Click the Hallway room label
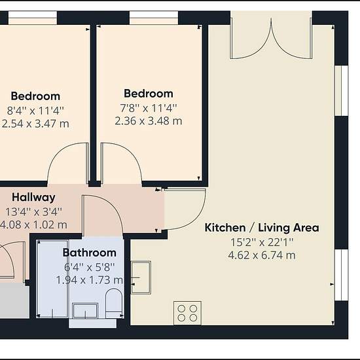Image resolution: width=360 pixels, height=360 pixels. (x=33, y=198)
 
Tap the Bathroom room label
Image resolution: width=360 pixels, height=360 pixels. (x=90, y=253)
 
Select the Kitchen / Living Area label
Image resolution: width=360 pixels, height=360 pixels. (x=262, y=228)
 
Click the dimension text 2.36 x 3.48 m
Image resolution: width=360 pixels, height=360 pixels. (x=149, y=121)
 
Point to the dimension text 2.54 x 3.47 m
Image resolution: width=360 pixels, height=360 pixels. (x=35, y=124)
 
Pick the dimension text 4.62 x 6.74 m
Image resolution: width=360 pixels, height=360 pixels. (x=262, y=255)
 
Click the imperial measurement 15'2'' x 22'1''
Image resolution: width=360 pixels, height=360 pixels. (x=262, y=242)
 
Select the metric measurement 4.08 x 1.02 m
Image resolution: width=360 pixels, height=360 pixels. (x=33, y=225)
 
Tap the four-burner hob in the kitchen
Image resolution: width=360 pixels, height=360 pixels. (x=188, y=313)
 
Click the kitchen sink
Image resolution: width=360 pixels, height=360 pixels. (x=141, y=278)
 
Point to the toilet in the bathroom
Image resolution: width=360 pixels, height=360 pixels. (x=113, y=302)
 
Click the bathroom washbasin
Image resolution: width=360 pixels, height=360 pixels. (x=85, y=310)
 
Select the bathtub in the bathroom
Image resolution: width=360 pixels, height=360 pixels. (x=52, y=279)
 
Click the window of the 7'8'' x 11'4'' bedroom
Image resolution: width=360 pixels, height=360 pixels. (x=154, y=18)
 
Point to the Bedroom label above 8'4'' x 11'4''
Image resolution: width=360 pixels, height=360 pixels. (x=35, y=96)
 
